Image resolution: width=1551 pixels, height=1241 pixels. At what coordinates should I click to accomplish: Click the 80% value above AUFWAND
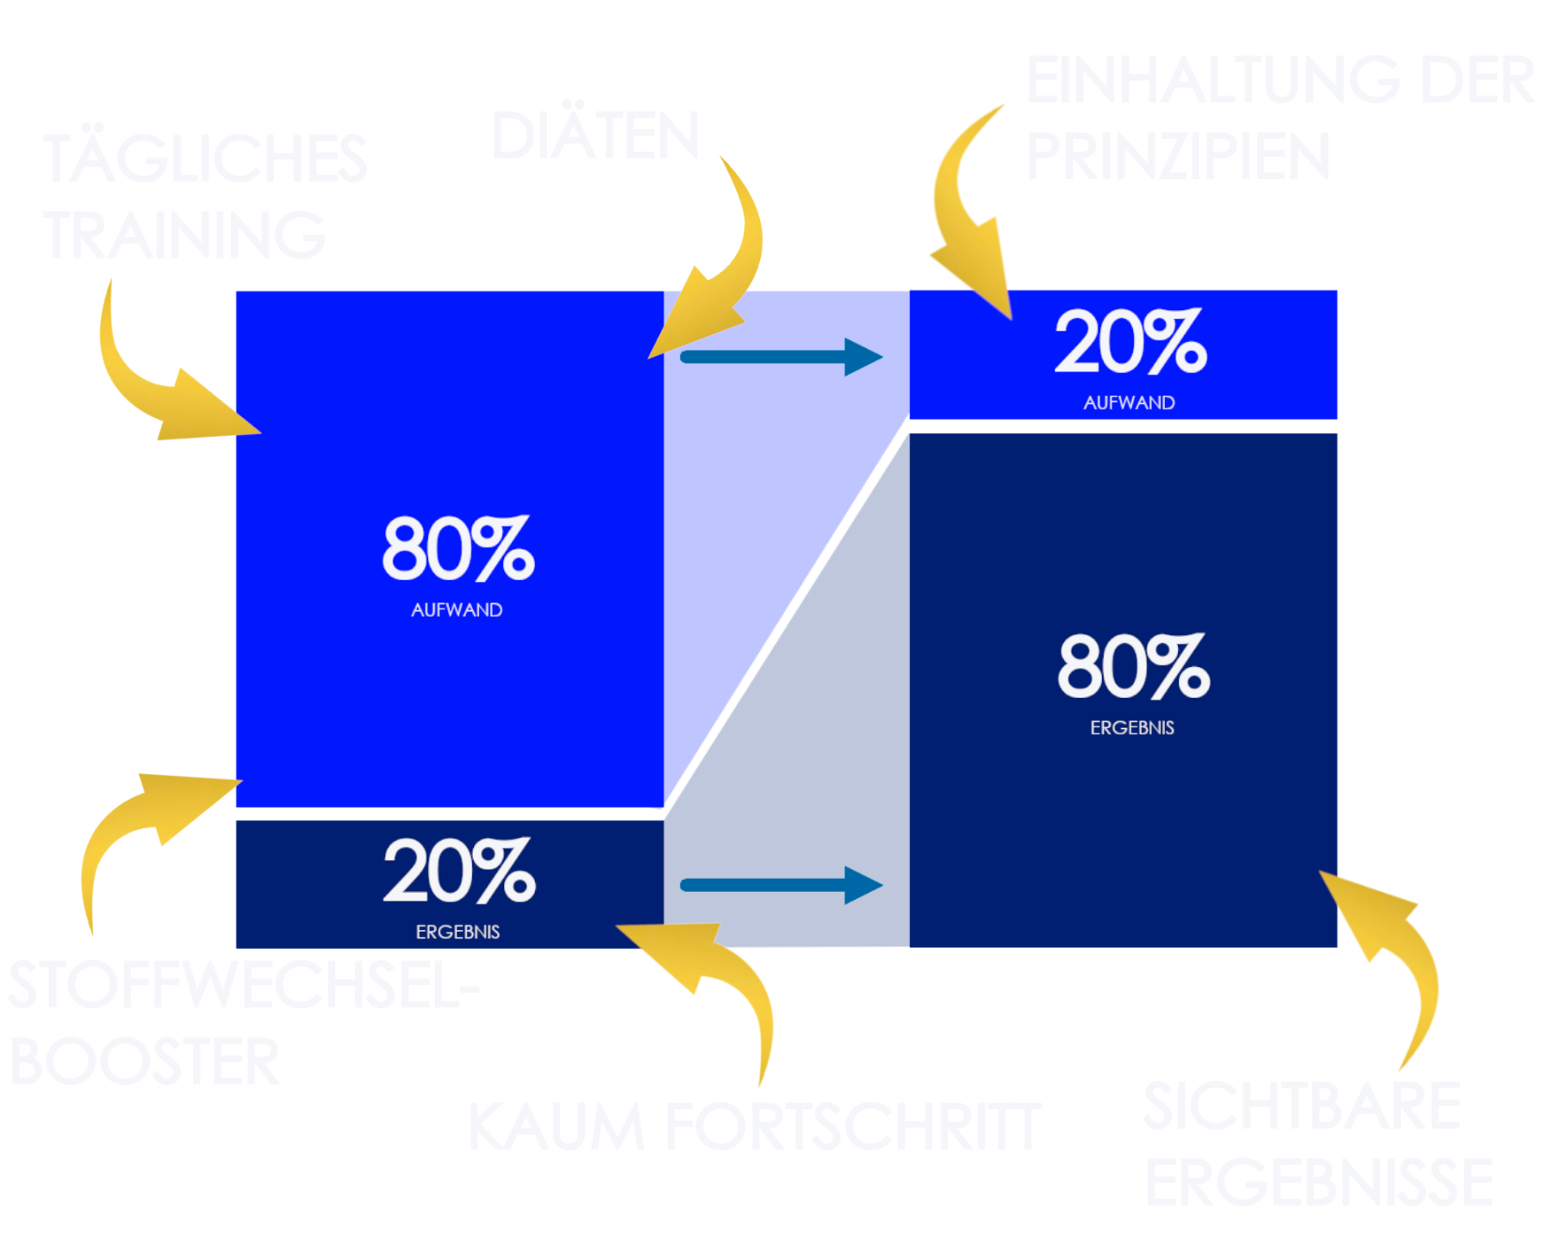[458, 549]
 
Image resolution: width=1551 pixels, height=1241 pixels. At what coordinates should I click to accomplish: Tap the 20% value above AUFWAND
[1131, 343]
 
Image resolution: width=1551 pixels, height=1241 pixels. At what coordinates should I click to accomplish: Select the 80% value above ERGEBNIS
[1133, 667]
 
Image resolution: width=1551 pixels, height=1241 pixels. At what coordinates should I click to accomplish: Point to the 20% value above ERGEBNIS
[459, 872]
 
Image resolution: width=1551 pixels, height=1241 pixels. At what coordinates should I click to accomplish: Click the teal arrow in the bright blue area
[781, 357]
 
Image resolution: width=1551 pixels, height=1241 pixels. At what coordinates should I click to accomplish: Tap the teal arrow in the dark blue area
[781, 885]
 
